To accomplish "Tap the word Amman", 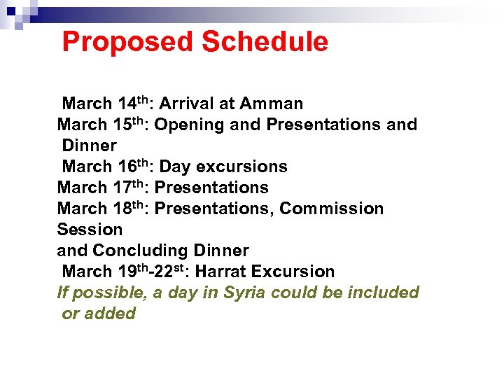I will (x=271, y=104).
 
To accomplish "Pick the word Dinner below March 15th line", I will (x=89, y=146).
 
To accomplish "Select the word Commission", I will (x=332, y=209).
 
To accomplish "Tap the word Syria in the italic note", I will (x=243, y=293).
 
